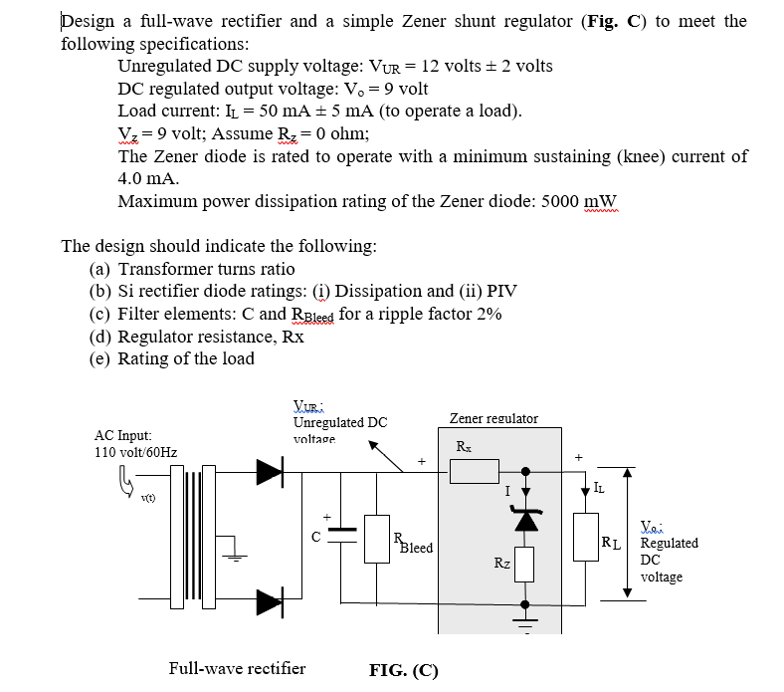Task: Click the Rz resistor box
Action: pos(526,566)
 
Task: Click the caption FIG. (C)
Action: pos(403,669)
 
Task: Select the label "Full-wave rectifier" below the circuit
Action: pos(237,668)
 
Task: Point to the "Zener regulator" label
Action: pos(493,418)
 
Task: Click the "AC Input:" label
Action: pos(122,435)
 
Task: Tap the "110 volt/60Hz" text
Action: pos(135,452)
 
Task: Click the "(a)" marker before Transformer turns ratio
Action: pos(99,269)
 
